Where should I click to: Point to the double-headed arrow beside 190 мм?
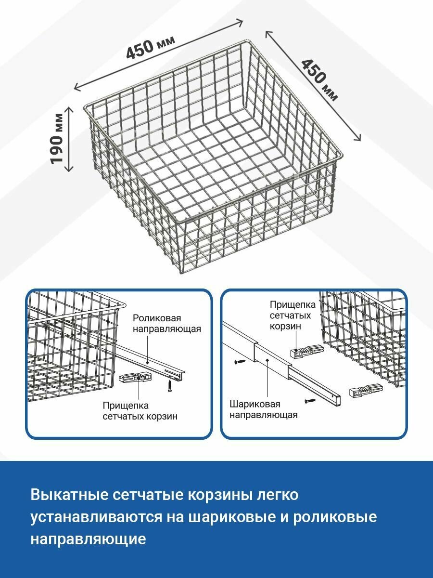point(69,139)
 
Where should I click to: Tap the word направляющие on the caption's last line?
point(88,539)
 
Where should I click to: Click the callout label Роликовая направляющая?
point(167,324)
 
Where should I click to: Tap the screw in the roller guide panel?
point(169,385)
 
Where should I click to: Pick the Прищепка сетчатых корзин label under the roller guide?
point(140,410)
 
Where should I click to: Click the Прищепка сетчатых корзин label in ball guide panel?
point(293,315)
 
